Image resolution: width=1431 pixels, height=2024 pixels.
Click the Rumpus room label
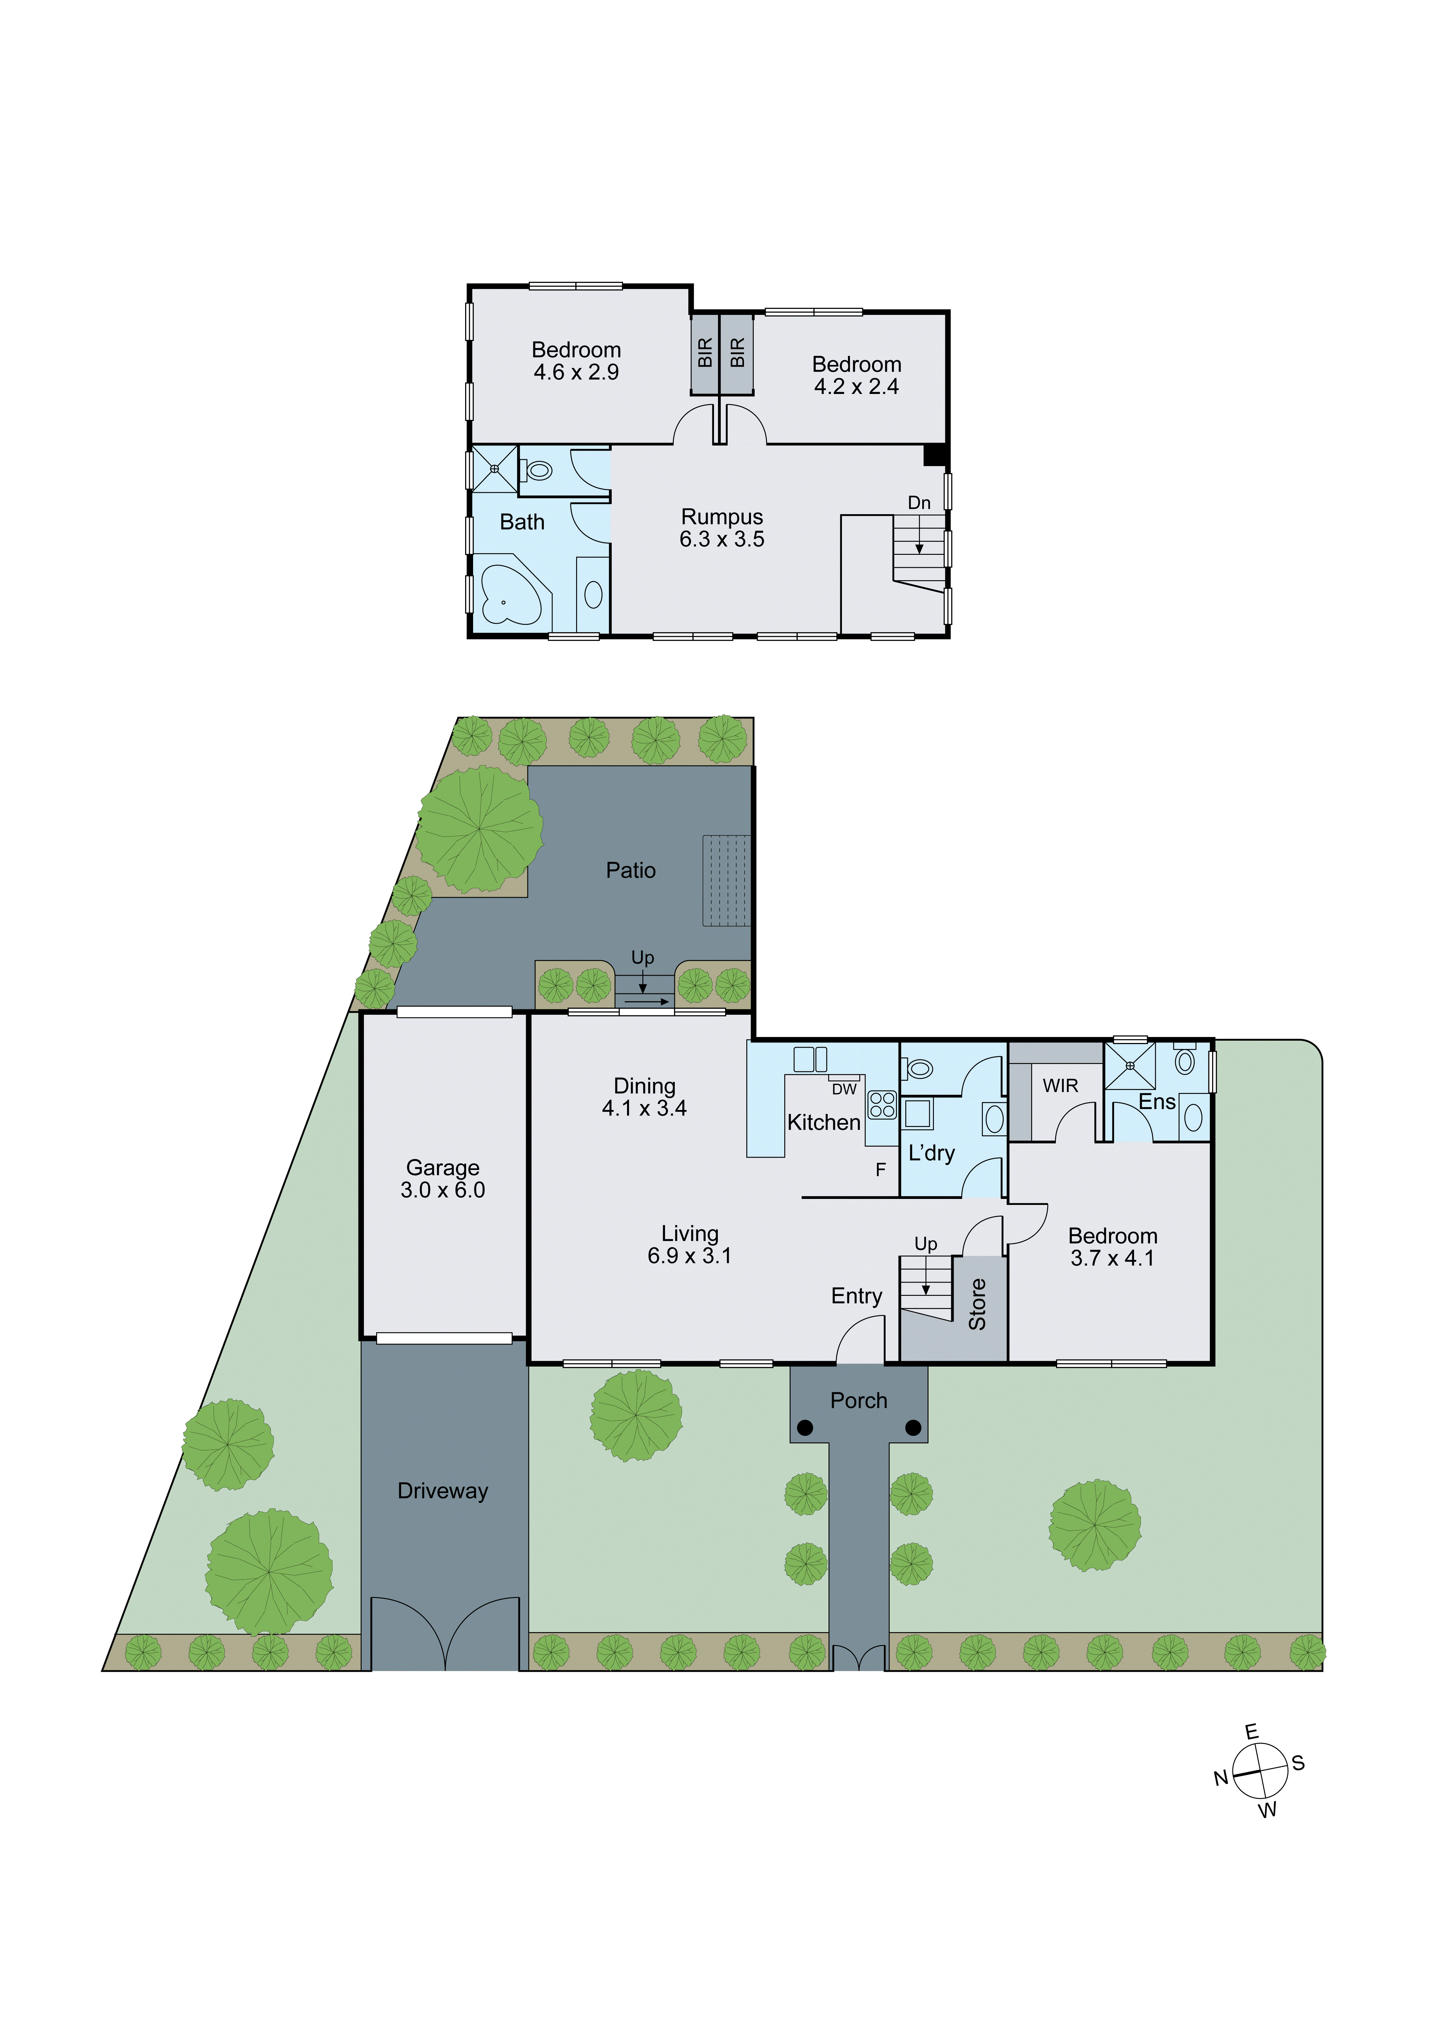click(722, 517)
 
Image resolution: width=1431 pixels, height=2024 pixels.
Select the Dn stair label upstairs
click(919, 503)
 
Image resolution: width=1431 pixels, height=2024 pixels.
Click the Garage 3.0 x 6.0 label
click(442, 1179)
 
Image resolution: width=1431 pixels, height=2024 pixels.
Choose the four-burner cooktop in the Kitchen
click(882, 1105)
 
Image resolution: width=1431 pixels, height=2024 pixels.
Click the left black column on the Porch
click(805, 1427)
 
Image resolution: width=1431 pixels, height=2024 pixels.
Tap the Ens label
click(1157, 1102)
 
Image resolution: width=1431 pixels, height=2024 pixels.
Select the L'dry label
click(931, 1153)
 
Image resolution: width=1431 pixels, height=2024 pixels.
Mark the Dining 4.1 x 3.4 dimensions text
click(644, 1108)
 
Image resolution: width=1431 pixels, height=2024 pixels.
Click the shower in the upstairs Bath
click(494, 469)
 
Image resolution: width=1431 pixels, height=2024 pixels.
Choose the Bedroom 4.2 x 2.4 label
click(857, 376)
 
